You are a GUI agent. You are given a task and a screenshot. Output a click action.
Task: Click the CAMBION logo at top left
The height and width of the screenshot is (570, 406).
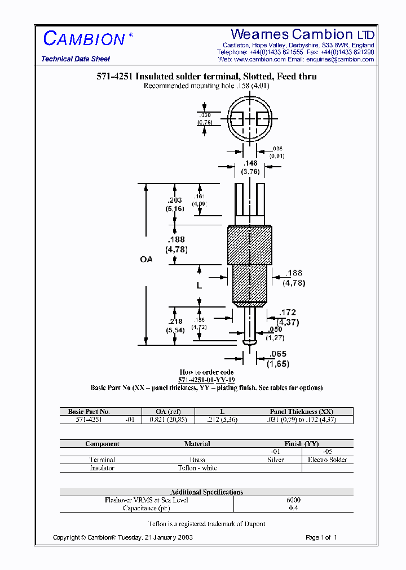pos(84,38)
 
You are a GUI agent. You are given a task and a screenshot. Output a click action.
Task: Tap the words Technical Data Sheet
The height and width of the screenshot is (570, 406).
pos(76,59)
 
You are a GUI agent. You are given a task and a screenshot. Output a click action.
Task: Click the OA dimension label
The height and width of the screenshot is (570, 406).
pos(146,259)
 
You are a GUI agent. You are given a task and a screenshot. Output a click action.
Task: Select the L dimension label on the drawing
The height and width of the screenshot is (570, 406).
pos(199,286)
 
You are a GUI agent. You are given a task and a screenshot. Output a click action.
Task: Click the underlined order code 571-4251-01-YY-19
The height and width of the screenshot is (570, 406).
pos(206,380)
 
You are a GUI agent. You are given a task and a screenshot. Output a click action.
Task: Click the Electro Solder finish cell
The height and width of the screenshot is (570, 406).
pos(327,460)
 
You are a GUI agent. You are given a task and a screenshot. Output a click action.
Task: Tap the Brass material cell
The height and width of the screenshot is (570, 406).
pos(197,460)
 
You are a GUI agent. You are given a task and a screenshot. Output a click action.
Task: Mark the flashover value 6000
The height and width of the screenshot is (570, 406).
pos(293,500)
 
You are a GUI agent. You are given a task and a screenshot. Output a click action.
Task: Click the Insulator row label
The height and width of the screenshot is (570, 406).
pos(102,468)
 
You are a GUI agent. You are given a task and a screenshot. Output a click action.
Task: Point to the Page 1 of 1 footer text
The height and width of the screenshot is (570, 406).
pos(321,537)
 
